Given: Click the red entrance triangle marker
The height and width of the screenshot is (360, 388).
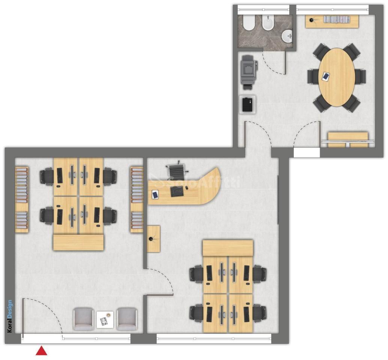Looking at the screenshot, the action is [x=42, y=351].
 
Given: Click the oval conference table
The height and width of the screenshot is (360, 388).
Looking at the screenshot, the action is [x=337, y=77].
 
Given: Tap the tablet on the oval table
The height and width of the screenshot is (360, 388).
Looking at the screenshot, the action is [x=326, y=76].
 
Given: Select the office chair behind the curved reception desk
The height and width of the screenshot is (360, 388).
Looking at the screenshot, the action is [x=177, y=170].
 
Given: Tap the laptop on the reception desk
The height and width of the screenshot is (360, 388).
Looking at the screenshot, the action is [x=177, y=192].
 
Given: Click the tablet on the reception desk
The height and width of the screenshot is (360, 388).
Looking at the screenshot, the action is [x=155, y=194].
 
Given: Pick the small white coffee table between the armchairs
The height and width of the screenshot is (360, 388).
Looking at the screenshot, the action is [x=105, y=320].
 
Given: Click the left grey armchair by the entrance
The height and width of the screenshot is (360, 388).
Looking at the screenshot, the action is [x=83, y=319].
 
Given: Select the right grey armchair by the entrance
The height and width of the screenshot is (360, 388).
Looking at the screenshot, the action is [x=127, y=319].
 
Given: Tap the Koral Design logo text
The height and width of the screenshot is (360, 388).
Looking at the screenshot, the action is [x=10, y=316].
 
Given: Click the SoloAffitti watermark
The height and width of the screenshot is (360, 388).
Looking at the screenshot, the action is [x=195, y=182].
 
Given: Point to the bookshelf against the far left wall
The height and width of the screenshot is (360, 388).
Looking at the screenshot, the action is [x=22, y=199].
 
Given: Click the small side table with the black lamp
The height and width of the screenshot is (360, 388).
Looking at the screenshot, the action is [x=153, y=238].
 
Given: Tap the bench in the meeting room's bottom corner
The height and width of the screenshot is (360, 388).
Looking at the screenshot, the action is [x=348, y=140].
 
